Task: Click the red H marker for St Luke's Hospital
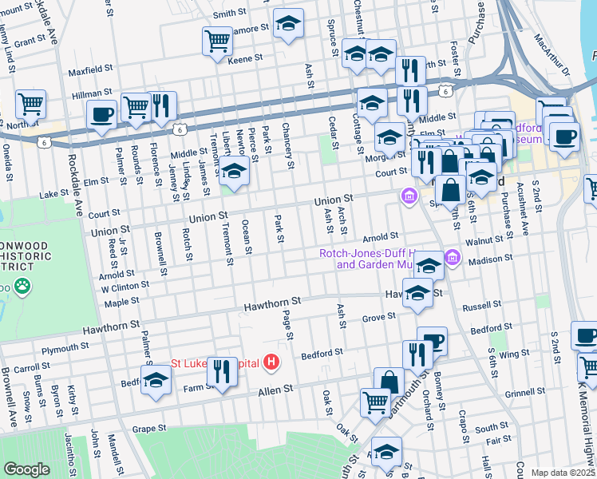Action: pos(272,362)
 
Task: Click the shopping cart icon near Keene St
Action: pos(217,41)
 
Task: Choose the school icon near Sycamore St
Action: pos(288,23)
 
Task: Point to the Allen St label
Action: pos(275,389)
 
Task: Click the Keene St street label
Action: pos(245,58)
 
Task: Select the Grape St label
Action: pos(149,429)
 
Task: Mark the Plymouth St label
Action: pos(61,349)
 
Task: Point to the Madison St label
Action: pos(490,260)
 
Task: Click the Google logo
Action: pos(26,469)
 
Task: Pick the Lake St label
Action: pos(54,193)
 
